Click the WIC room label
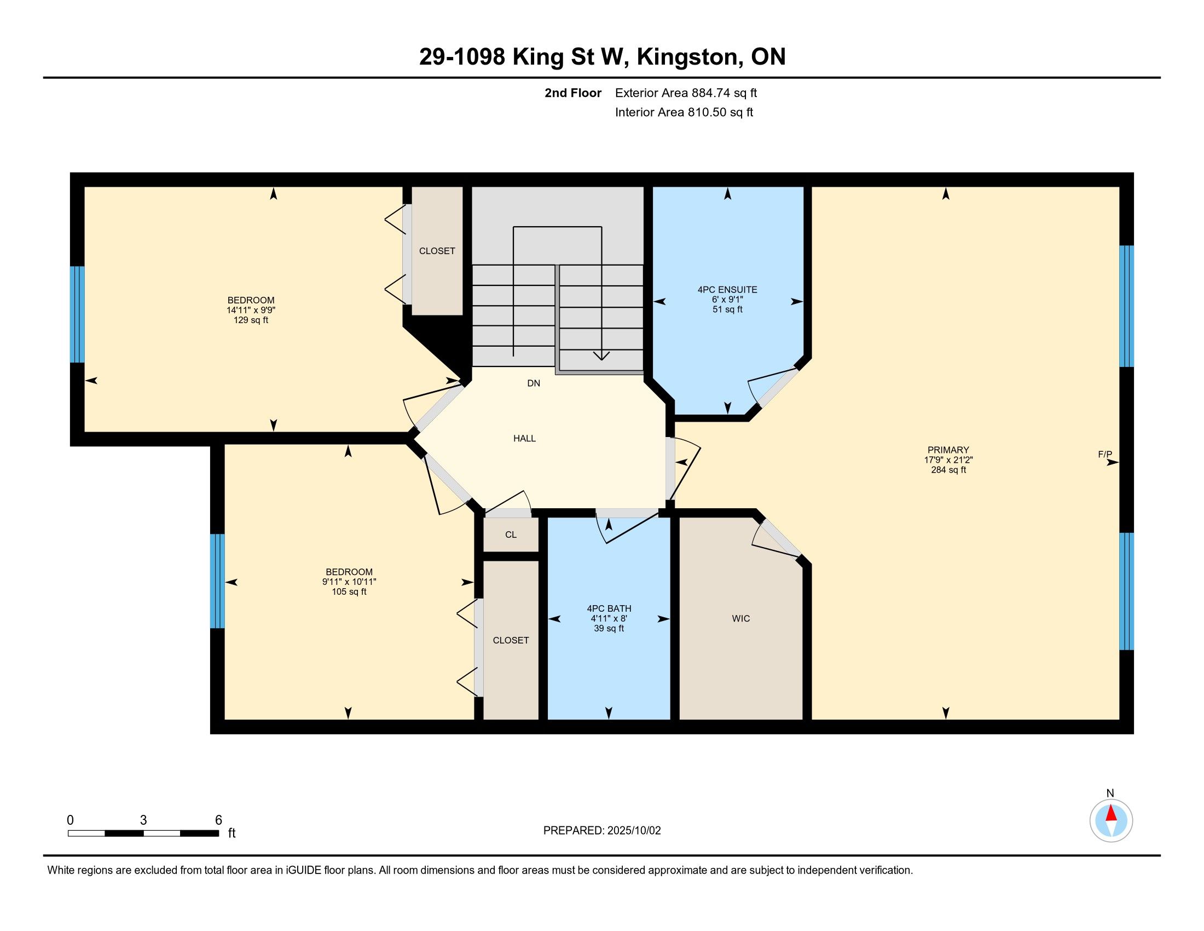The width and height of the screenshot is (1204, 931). (740, 618)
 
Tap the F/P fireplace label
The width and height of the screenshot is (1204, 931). (1105, 455)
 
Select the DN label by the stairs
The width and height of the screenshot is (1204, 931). (533, 383)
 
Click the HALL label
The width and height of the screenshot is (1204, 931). (524, 439)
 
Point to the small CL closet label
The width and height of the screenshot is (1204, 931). (511, 535)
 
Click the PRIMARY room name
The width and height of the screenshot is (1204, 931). (948, 450)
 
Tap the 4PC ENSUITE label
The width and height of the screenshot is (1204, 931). (727, 290)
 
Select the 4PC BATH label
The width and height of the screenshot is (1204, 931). (609, 608)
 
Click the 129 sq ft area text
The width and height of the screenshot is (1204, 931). (251, 320)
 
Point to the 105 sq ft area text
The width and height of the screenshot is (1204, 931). (349, 592)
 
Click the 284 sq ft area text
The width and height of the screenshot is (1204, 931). (948, 470)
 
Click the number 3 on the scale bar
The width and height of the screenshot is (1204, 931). (143, 820)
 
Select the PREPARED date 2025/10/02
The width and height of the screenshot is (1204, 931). (634, 831)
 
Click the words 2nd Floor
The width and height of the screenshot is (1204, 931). (573, 93)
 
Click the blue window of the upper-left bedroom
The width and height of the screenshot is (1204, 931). (77, 314)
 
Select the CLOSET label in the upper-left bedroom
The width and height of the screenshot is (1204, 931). (437, 251)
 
